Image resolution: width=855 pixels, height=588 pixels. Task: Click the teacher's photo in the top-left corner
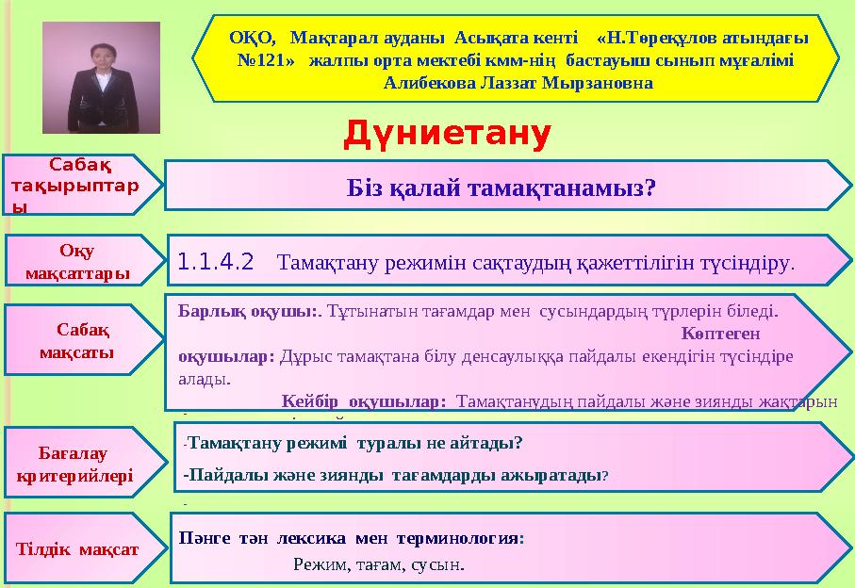101,77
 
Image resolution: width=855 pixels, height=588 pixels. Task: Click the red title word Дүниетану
446,135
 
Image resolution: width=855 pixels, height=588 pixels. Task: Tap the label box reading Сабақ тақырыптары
75,185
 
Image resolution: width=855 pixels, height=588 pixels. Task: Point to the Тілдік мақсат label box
77,549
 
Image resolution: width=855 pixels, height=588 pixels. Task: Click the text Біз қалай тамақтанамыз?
501,186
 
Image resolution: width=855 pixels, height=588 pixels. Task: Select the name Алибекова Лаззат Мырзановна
518,82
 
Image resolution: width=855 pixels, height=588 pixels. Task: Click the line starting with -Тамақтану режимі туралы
353,443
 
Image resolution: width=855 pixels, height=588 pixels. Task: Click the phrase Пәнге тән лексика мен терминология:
352,540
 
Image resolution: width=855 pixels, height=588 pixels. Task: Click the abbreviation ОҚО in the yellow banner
252,39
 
